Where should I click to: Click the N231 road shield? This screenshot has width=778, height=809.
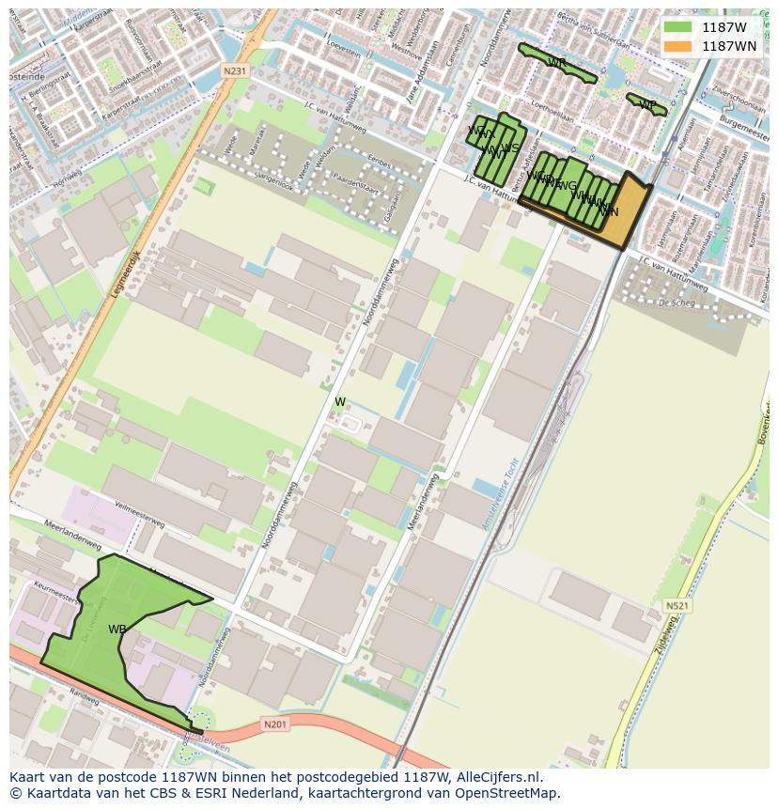(235, 71)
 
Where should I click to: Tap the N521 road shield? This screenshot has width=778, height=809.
(676, 606)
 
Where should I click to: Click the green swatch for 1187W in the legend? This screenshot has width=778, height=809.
(677, 27)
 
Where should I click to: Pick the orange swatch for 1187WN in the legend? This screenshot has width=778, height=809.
(677, 46)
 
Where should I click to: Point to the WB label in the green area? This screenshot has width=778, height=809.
(117, 630)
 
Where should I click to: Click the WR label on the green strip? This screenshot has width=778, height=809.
(556, 63)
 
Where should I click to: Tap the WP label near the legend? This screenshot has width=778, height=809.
(647, 104)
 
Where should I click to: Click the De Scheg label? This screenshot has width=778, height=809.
(676, 303)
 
